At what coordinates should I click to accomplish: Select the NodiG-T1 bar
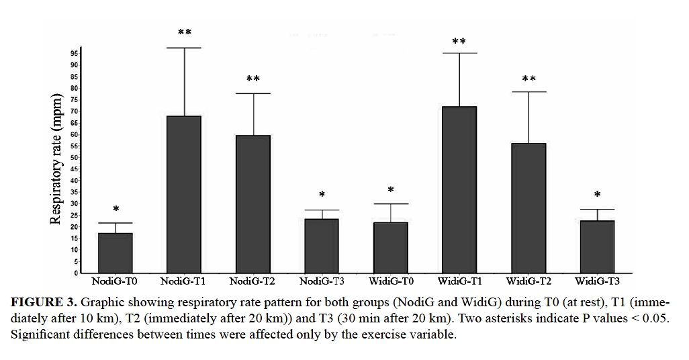(x=184, y=195)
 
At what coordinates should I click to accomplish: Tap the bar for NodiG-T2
(x=253, y=204)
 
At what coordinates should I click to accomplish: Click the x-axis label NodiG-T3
(x=322, y=280)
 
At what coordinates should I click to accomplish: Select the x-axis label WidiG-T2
(x=528, y=280)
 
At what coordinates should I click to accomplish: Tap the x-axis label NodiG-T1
(x=184, y=280)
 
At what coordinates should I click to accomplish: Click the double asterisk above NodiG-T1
(x=184, y=33)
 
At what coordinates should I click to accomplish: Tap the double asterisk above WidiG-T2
(x=529, y=79)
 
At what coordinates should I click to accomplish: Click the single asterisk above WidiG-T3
(x=597, y=195)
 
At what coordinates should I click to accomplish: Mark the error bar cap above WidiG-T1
(x=459, y=53)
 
